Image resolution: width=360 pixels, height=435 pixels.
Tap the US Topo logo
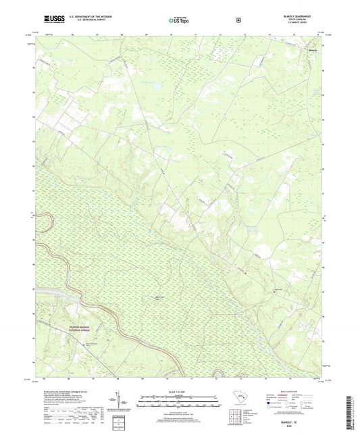point(179,20)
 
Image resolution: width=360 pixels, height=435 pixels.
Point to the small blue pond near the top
point(153,86)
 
